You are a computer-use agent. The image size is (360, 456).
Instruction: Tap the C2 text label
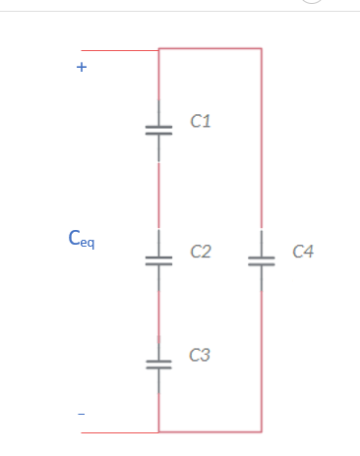tap(201, 253)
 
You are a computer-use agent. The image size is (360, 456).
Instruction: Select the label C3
tap(200, 355)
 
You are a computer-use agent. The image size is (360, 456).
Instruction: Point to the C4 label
tap(304, 253)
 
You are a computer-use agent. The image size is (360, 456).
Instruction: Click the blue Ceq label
tap(82, 238)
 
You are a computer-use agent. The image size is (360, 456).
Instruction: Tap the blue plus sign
tap(82, 69)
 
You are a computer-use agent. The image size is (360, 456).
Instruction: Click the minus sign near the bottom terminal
tap(82, 415)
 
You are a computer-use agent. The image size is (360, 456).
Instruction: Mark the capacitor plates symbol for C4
tap(261, 260)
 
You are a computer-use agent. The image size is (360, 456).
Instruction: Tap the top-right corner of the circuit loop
tap(261, 48)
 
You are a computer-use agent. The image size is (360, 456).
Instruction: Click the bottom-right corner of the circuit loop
tap(261, 431)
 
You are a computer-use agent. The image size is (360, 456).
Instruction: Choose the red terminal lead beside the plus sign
tap(119, 50)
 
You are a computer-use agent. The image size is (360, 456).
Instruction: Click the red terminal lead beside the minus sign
tap(119, 431)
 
